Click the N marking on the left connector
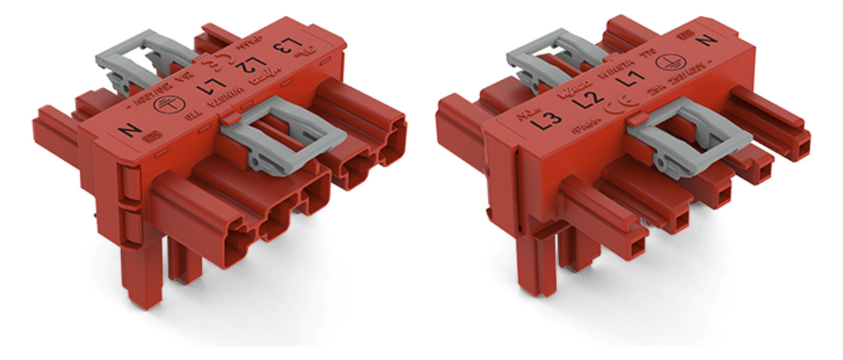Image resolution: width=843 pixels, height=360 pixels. (x=132, y=131)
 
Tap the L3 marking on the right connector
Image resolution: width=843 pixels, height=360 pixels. (x=547, y=119)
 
